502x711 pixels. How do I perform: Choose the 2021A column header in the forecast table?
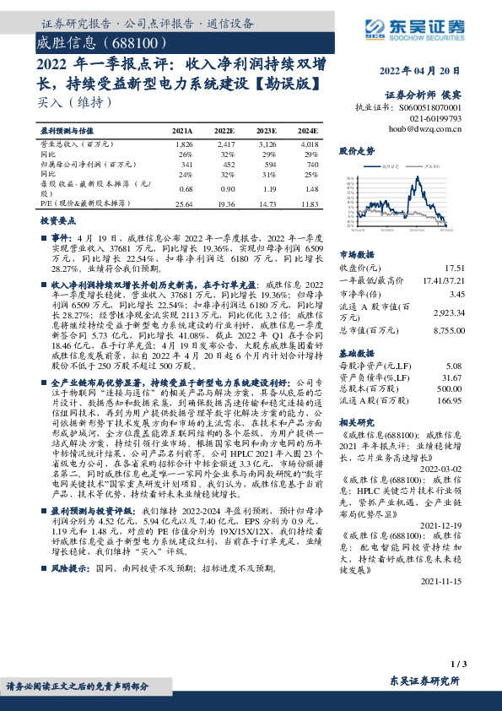(182, 133)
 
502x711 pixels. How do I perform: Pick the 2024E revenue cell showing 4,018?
(308, 147)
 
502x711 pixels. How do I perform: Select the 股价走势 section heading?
(356, 150)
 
